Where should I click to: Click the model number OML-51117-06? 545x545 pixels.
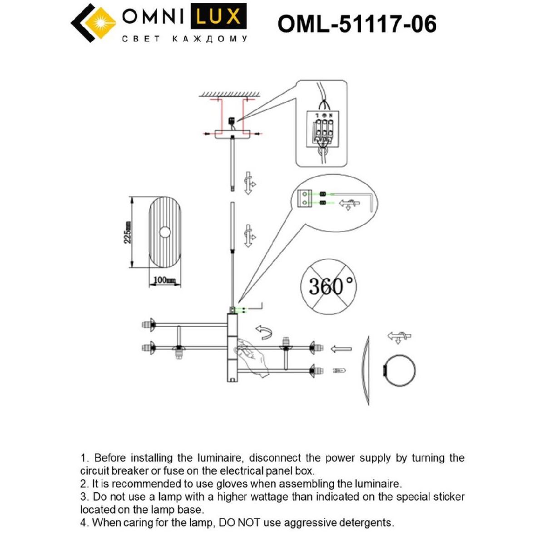pos(357,24)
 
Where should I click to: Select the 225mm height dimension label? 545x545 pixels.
pos(129,232)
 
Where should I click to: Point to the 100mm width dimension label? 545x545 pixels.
pos(164,280)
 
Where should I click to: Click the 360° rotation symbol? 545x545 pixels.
pos(329,286)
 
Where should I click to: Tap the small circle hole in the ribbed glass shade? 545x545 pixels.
pos(165,233)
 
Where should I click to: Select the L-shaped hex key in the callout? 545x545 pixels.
pos(370,203)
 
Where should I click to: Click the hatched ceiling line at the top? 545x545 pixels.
pos(229,94)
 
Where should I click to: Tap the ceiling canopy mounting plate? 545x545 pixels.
pos(233,134)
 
